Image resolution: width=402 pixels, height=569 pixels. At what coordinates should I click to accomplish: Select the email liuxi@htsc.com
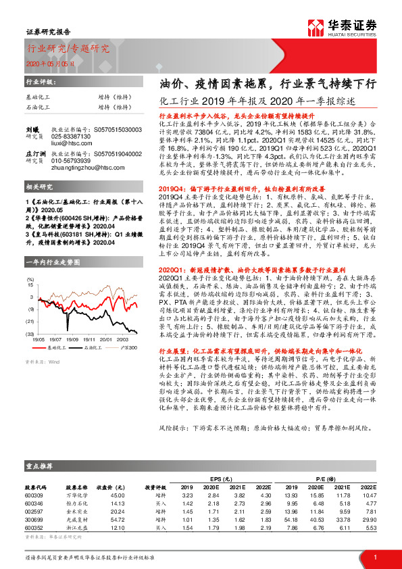pyautogui.click(x=70, y=143)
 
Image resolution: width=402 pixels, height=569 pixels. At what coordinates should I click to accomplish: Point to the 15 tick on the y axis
pyautogui.click(x=30, y=284)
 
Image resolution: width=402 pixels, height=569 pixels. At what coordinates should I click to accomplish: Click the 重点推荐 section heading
pyautogui.click(x=39, y=466)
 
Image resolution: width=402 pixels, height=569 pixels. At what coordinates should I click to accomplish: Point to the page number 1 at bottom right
pyautogui.click(x=374, y=556)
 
